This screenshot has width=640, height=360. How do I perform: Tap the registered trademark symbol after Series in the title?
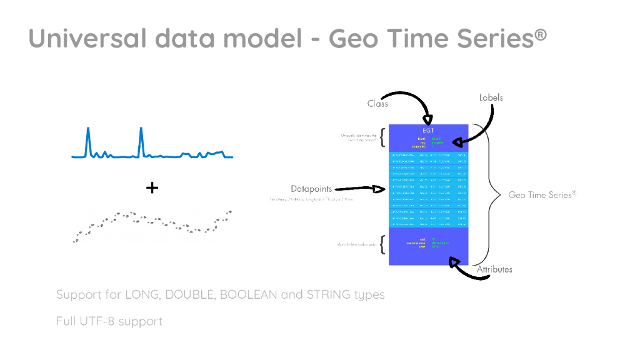[541, 32]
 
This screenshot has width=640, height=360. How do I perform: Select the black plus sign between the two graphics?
[152, 187]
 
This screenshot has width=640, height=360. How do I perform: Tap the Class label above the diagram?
[377, 103]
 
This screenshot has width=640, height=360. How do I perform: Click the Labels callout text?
[491, 97]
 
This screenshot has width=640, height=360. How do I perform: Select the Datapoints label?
[311, 188]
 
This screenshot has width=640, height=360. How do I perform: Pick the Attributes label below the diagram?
[494, 269]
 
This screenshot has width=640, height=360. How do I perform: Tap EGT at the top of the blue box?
[427, 129]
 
